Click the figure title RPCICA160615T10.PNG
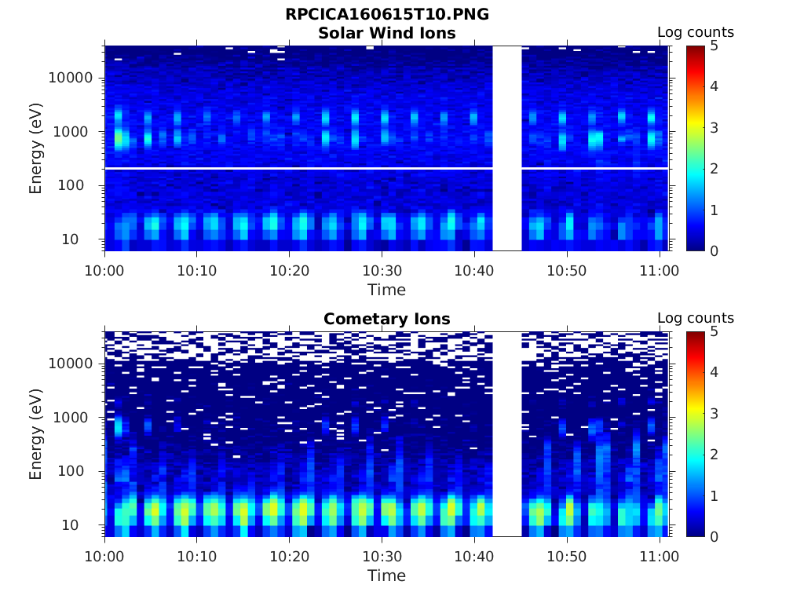pyautogui.click(x=386, y=15)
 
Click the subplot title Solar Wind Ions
pyautogui.click(x=386, y=33)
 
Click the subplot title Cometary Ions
pyautogui.click(x=386, y=319)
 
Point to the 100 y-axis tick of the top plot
pyautogui.click(x=79, y=186)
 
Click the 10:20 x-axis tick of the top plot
pyautogui.click(x=289, y=271)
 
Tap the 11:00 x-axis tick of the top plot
pyautogui.click(x=659, y=271)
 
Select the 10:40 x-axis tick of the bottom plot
pyautogui.click(x=473, y=557)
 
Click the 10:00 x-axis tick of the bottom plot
pyautogui.click(x=104, y=557)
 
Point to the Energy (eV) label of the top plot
pyautogui.click(x=36, y=148)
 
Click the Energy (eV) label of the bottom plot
pyautogui.click(x=36, y=434)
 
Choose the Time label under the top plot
pyautogui.click(x=386, y=290)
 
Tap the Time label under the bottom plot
pyautogui.click(x=386, y=576)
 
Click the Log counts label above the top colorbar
pyautogui.click(x=695, y=33)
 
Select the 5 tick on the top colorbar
pyautogui.click(x=714, y=46)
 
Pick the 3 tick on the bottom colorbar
pyautogui.click(x=714, y=414)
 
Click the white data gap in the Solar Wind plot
pyautogui.click(x=506, y=148)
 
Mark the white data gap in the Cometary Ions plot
pyautogui.click(x=506, y=434)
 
